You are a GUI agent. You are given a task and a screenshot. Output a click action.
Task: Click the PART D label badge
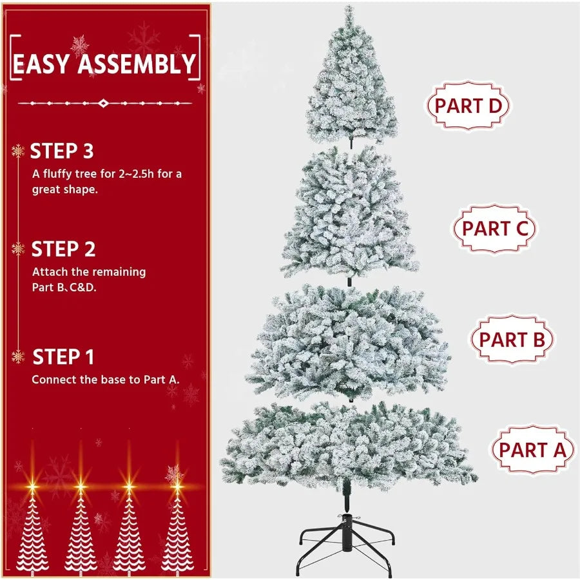(x=468, y=106)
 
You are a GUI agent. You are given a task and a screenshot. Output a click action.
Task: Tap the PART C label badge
(x=495, y=228)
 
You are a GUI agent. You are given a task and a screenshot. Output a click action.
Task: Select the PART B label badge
(x=512, y=340)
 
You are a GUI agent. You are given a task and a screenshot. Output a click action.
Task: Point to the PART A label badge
(x=532, y=450)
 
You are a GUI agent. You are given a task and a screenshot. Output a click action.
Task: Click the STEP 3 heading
(x=62, y=151)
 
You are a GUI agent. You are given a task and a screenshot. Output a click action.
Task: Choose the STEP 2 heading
(x=63, y=249)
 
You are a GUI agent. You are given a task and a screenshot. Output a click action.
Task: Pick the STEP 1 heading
(x=63, y=357)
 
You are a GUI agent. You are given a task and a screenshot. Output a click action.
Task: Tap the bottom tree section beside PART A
(x=349, y=445)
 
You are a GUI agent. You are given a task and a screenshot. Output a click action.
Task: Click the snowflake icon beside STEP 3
(x=18, y=151)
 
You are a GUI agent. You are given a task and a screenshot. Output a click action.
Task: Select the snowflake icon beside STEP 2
(x=18, y=249)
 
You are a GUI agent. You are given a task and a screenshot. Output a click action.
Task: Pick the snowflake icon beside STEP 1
(x=18, y=356)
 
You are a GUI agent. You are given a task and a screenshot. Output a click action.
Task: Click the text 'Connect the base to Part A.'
(x=106, y=380)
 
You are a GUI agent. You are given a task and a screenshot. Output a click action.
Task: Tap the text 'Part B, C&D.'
(x=64, y=287)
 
